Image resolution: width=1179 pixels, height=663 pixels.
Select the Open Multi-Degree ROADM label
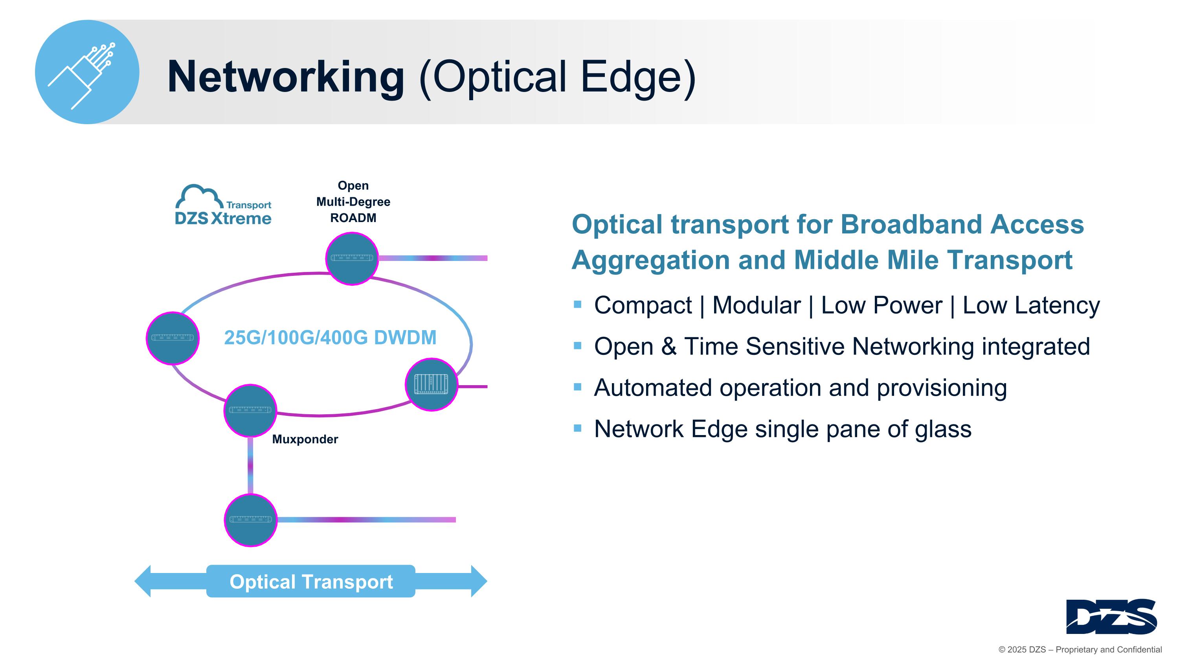(x=353, y=201)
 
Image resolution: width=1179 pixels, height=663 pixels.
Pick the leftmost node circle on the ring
(x=173, y=338)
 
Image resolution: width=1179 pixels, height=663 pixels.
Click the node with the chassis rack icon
(x=431, y=384)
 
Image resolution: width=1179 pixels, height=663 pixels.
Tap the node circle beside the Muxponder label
(x=250, y=410)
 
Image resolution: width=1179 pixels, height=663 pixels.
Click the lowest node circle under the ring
(x=250, y=520)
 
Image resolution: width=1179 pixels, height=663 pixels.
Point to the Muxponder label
(x=305, y=439)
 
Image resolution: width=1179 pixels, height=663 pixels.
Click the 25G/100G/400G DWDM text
(x=330, y=338)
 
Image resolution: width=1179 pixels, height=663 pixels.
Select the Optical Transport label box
(x=311, y=581)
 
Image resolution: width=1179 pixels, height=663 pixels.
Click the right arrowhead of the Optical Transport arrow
(x=479, y=581)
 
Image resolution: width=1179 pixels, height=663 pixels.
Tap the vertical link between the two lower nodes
(x=250, y=465)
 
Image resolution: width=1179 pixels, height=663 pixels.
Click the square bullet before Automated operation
(x=578, y=387)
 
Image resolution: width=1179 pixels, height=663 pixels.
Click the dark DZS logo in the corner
(x=1111, y=616)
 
